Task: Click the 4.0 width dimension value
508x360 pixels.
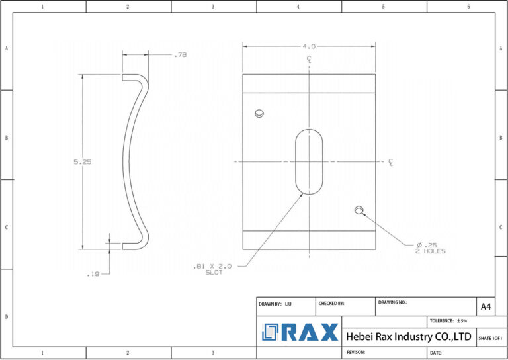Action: pos(309,46)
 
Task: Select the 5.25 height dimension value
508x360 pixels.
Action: pos(82,162)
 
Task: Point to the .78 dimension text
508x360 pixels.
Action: pos(180,55)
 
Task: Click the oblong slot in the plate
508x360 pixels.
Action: pos(309,162)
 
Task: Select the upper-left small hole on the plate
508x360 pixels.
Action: pos(259,113)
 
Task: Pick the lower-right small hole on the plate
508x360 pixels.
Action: pos(359,210)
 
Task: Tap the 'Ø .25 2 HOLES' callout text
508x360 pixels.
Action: pos(431,247)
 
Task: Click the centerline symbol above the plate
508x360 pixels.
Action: pos(309,60)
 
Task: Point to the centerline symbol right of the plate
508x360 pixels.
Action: pos(391,162)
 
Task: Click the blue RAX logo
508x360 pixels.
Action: pos(300,332)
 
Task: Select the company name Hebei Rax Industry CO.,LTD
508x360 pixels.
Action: pos(409,337)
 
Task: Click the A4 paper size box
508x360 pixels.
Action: pos(486,306)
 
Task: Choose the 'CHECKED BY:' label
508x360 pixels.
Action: pos(331,303)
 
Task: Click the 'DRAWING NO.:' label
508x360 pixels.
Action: pos(392,302)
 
